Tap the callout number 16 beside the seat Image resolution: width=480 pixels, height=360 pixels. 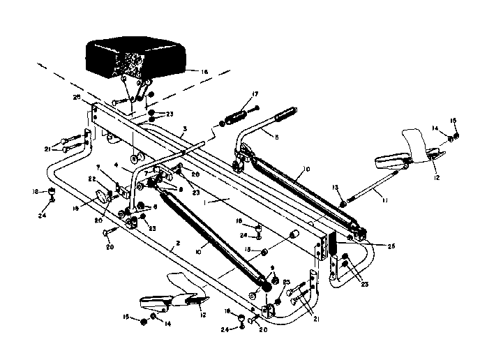204,70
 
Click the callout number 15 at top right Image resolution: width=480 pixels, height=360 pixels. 455,120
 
